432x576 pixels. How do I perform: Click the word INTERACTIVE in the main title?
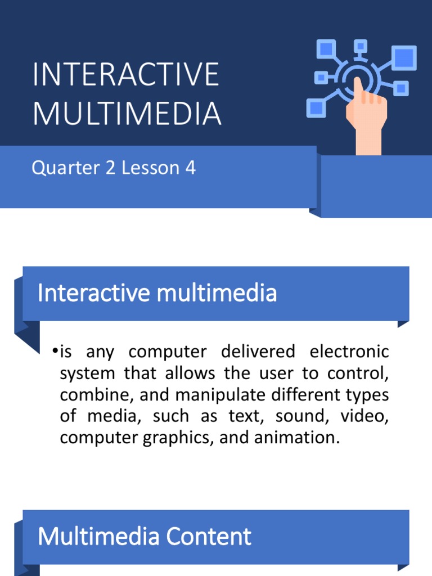coord(125,75)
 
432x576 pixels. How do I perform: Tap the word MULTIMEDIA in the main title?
coord(127,112)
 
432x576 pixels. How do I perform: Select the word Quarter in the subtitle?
coord(57,168)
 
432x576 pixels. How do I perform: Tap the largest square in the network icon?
coord(404,57)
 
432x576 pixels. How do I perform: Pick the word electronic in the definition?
coord(349,352)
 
